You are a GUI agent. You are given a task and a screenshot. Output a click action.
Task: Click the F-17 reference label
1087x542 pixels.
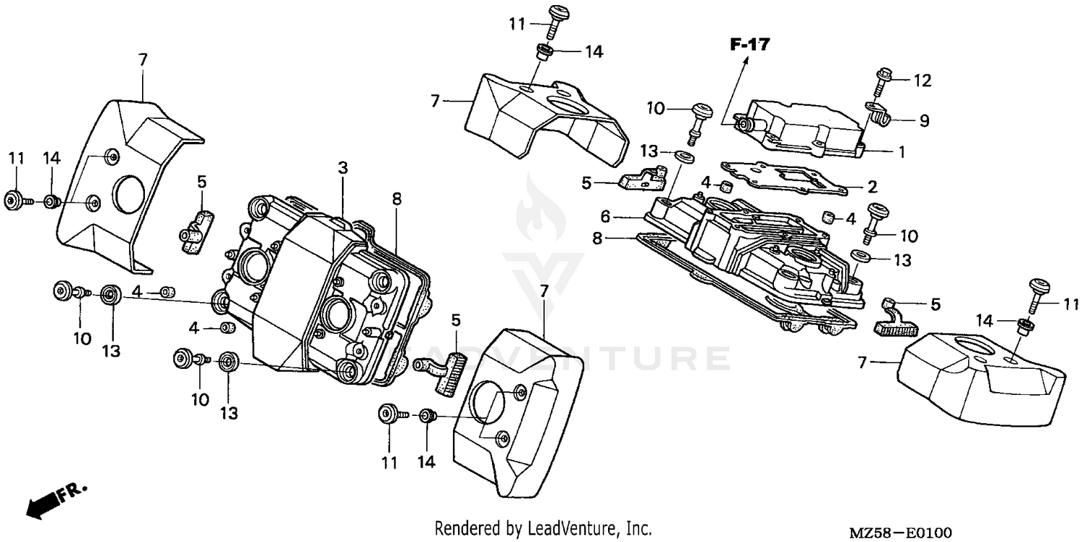click(x=749, y=45)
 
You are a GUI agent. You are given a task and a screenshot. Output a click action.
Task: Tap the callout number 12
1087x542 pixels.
click(x=923, y=80)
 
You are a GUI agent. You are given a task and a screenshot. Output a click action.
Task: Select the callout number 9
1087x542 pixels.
click(x=924, y=121)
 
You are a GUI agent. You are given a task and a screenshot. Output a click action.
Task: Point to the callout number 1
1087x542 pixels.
click(x=902, y=153)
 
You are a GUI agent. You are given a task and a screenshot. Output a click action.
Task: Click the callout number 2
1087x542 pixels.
click(x=872, y=187)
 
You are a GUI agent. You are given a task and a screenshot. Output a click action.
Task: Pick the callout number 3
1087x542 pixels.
click(x=343, y=168)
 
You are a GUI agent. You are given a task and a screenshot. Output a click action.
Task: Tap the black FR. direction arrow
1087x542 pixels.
click(x=43, y=504)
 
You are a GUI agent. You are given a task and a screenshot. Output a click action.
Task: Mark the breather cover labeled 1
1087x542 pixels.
click(x=804, y=127)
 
